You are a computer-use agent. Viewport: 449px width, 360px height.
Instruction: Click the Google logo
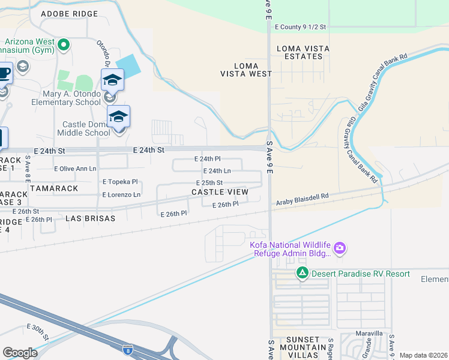pos(20,353)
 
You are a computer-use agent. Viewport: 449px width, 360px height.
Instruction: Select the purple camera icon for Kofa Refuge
pos(340,248)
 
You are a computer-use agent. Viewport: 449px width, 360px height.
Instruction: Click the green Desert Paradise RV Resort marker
pos(302,274)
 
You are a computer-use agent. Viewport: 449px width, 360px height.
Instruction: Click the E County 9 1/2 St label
pos(300,27)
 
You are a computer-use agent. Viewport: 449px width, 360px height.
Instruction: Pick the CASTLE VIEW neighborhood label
pos(220,192)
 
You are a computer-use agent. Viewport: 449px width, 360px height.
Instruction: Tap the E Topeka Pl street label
pos(120,182)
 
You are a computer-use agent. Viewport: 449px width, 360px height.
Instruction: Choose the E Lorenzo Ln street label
pos(121,195)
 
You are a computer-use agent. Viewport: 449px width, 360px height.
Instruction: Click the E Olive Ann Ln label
pos(75,169)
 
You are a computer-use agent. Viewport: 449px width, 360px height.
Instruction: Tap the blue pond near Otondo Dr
pos(127,64)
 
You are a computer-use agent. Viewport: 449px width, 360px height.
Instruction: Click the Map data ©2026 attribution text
pos(423,355)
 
